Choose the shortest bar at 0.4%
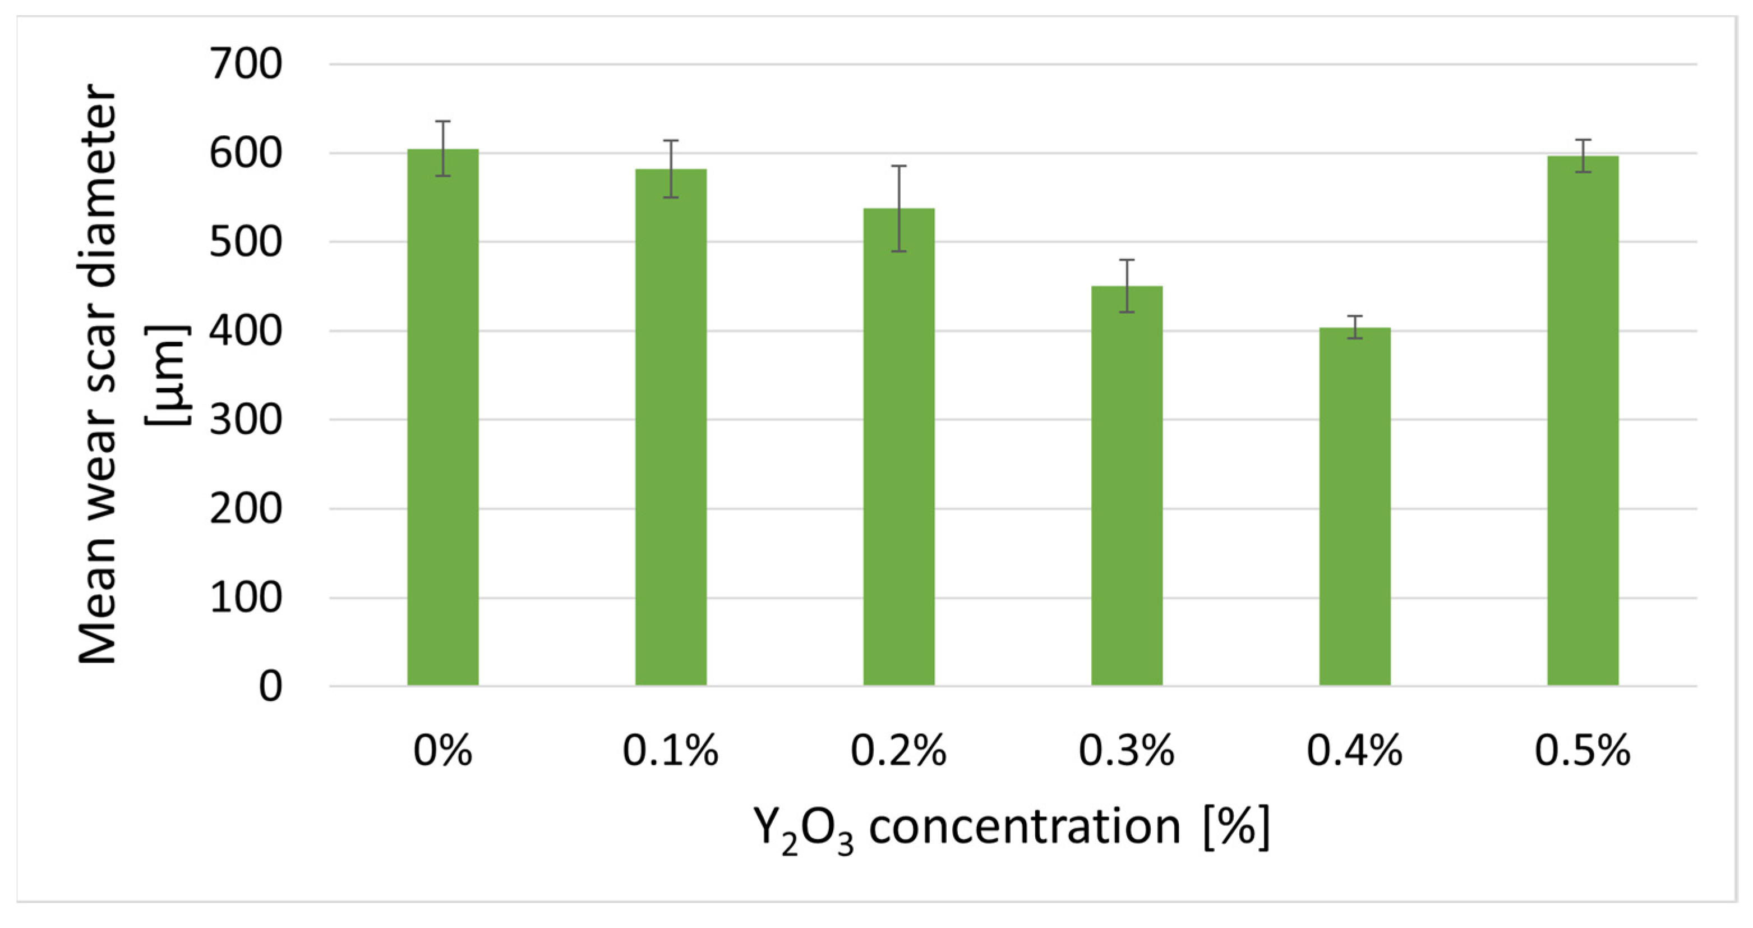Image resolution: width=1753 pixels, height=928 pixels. [1355, 507]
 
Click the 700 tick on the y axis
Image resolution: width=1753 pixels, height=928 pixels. [246, 65]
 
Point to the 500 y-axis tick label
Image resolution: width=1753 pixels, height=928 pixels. [246, 242]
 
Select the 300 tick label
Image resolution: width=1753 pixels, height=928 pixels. [246, 420]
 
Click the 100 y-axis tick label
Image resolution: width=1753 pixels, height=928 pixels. [246, 598]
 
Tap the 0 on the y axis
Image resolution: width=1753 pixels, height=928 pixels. [270, 686]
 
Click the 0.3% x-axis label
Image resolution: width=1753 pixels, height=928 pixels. [1127, 751]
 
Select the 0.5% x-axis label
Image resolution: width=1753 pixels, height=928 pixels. [1583, 751]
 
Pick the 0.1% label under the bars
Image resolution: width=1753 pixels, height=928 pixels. [671, 751]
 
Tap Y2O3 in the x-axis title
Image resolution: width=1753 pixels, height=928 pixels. [804, 829]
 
